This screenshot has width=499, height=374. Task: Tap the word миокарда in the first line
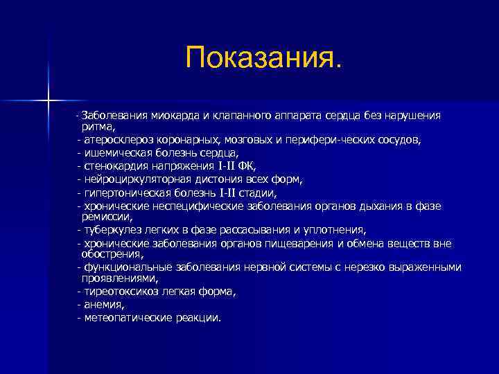[x=161, y=115]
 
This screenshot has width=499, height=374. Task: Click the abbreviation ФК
[x=245, y=166]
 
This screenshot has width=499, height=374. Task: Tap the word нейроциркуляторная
[x=134, y=179]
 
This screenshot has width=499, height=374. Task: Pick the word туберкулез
[x=110, y=230]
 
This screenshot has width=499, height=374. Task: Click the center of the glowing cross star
[x=49, y=101]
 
